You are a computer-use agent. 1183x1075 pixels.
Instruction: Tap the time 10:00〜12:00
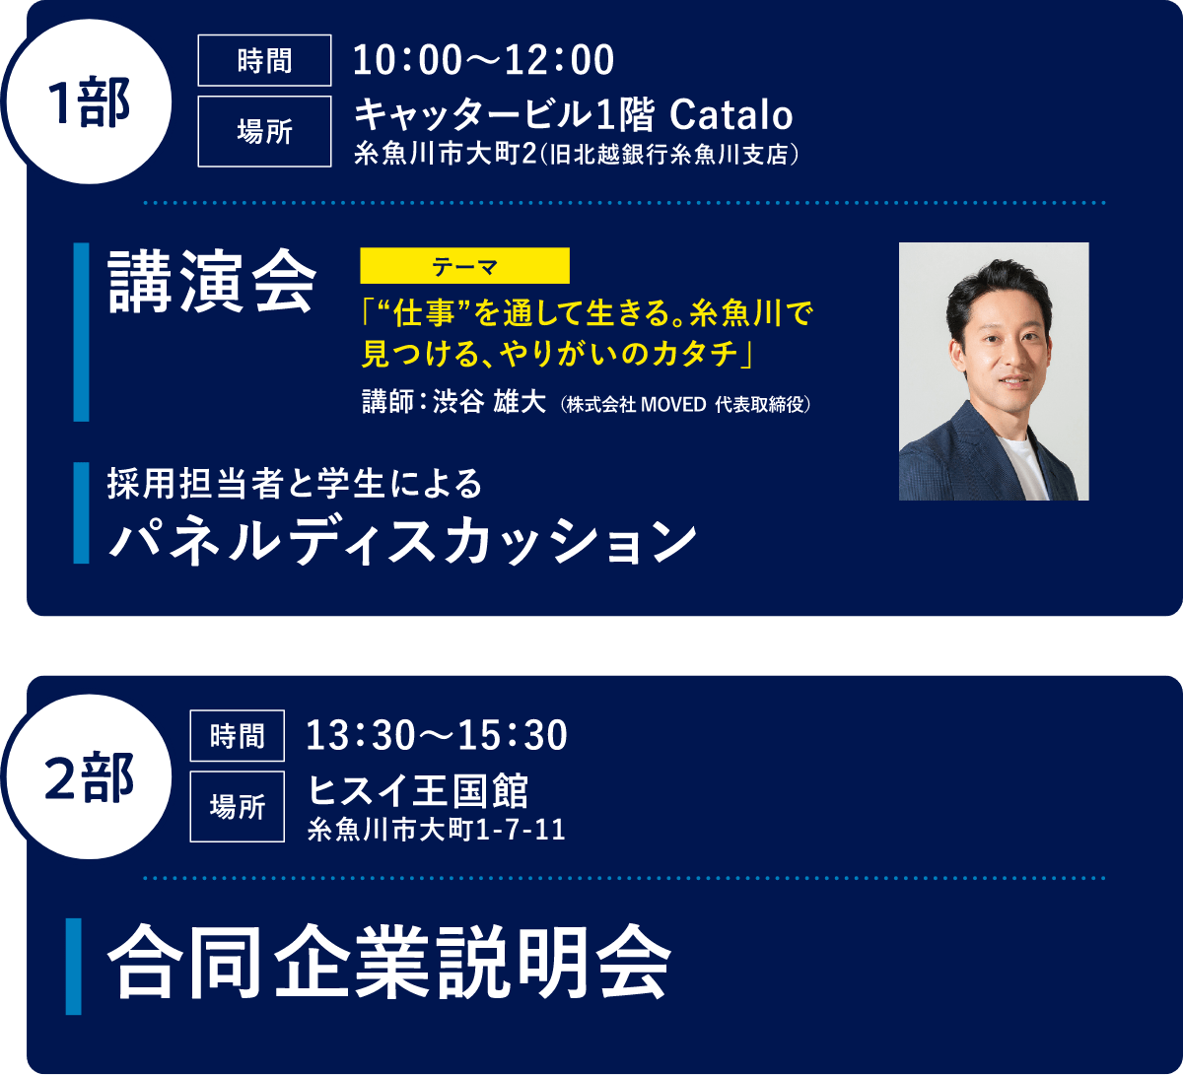click(483, 61)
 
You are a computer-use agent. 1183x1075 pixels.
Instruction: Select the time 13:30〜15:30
click(437, 735)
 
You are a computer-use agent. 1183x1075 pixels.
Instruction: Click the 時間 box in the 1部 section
click(264, 61)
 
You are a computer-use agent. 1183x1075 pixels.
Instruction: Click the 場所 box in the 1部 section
click(264, 131)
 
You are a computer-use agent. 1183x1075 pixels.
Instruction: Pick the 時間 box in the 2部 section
click(237, 735)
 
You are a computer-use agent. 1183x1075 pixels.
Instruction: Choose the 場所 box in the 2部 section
click(237, 806)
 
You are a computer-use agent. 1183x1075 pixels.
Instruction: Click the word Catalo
click(731, 116)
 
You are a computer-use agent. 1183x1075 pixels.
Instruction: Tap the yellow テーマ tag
click(465, 266)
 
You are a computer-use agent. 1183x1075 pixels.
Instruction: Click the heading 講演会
click(212, 282)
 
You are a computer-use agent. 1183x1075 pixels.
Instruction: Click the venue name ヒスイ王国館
click(419, 790)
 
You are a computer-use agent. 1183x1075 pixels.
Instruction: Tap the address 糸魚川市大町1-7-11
click(437, 830)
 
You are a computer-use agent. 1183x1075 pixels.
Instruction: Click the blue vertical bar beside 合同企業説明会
click(74, 966)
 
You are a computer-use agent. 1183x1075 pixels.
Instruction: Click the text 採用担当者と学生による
click(296, 484)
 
